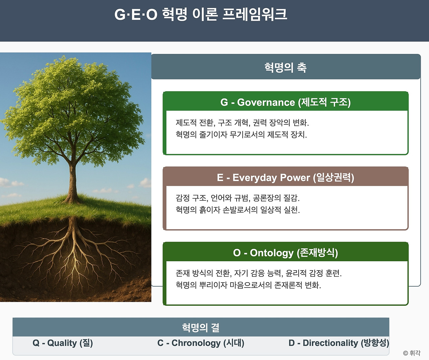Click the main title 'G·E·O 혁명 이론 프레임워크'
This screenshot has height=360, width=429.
pos(200,14)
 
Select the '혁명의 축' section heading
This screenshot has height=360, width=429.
pos(285,67)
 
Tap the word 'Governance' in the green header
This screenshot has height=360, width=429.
pos(266,102)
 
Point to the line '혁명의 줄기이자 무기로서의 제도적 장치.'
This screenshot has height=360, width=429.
pos(241,135)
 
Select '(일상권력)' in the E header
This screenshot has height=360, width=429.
pos(334,177)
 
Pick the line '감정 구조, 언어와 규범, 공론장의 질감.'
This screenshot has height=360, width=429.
pos(238,198)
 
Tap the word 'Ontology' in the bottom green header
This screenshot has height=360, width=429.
pos(271,253)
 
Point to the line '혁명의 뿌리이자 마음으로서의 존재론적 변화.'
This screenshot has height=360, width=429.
pos(248,285)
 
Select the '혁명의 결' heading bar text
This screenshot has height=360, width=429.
pos(201,327)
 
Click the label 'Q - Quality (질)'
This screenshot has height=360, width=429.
pos(63,343)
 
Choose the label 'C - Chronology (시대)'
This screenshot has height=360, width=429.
pos(201,343)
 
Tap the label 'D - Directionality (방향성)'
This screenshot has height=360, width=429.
pos(339,343)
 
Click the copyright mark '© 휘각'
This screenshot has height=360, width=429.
pos(412,353)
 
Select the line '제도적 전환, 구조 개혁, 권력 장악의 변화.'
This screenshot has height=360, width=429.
pos(242,123)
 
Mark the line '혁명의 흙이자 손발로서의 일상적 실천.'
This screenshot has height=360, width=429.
pos(238,210)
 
